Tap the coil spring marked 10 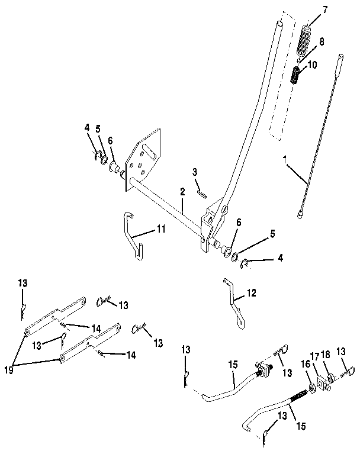[296, 76]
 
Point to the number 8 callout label [322, 42]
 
